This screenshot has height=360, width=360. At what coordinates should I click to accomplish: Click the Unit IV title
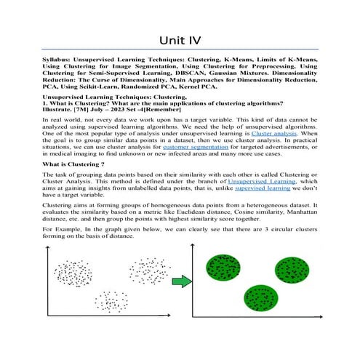[180, 32]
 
